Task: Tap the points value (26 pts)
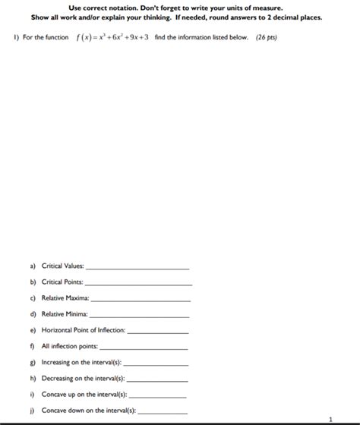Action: pyautogui.click(x=266, y=37)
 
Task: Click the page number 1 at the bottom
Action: pyautogui.click(x=330, y=419)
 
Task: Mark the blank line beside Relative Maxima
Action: pyautogui.click(x=140, y=301)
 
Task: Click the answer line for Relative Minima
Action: pyautogui.click(x=140, y=316)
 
